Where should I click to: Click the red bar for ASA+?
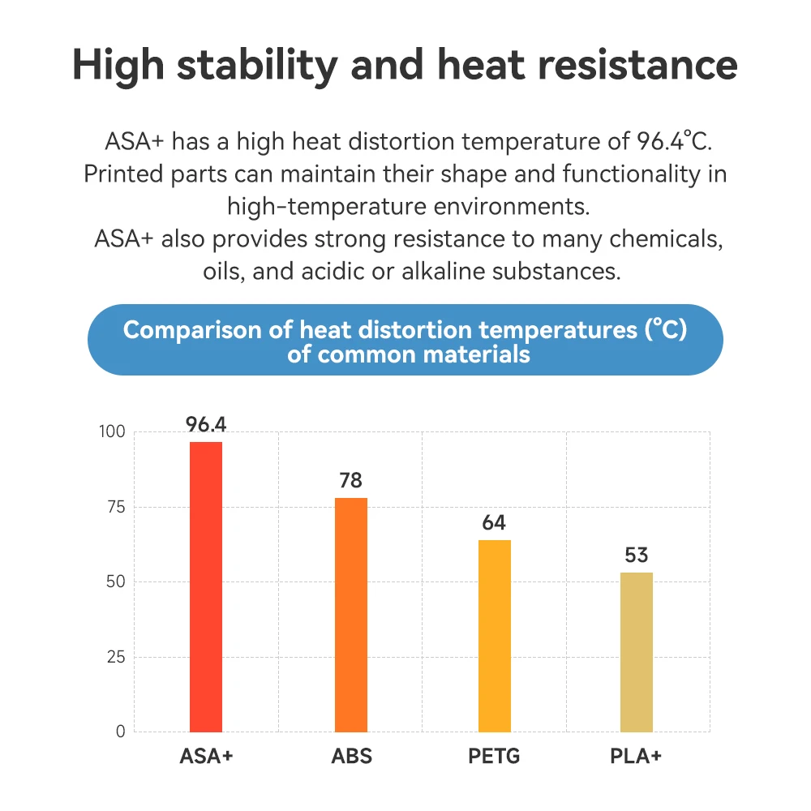click(x=206, y=586)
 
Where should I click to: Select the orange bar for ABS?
click(x=350, y=614)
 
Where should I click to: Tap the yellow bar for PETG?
click(x=494, y=635)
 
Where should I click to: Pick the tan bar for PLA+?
click(x=637, y=651)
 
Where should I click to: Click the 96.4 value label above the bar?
click(x=206, y=425)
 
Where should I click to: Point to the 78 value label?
click(x=350, y=481)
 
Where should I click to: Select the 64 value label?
click(x=494, y=523)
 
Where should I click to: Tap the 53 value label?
click(x=637, y=556)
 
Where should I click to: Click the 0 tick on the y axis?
click(x=120, y=732)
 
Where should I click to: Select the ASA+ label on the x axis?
click(x=206, y=757)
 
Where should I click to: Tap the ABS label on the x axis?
click(x=350, y=757)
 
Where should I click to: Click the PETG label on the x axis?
click(x=494, y=757)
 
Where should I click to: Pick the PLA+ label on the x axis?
click(x=637, y=757)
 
